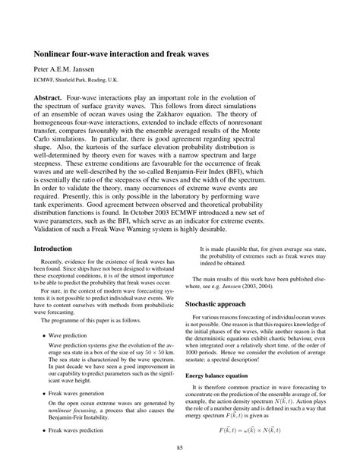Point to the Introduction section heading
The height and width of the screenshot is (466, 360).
click(x=52, y=249)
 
